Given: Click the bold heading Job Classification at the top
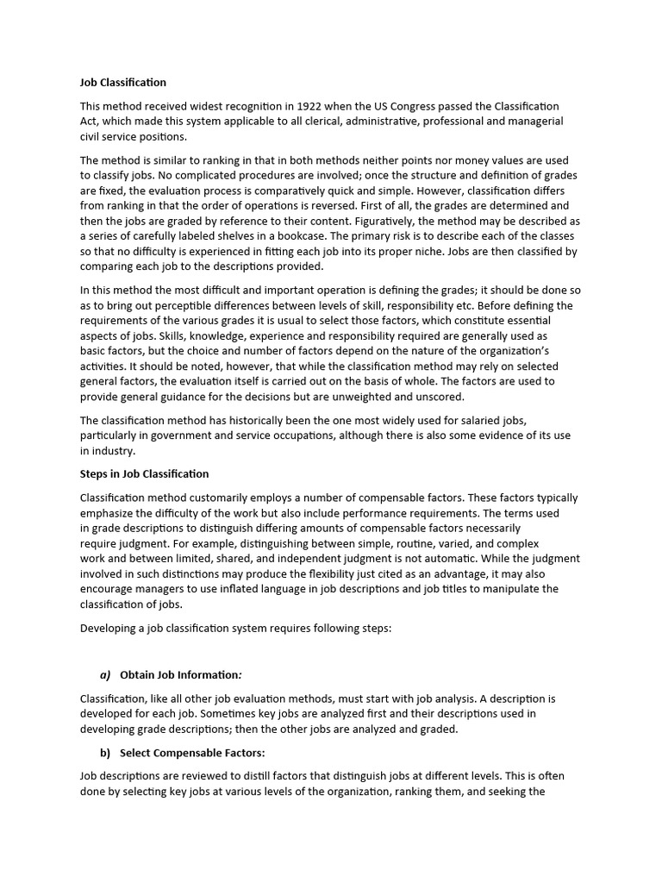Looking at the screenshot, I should (x=122, y=83).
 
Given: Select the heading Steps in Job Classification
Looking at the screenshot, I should (x=144, y=474).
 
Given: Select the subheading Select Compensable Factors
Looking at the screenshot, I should (x=191, y=753).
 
